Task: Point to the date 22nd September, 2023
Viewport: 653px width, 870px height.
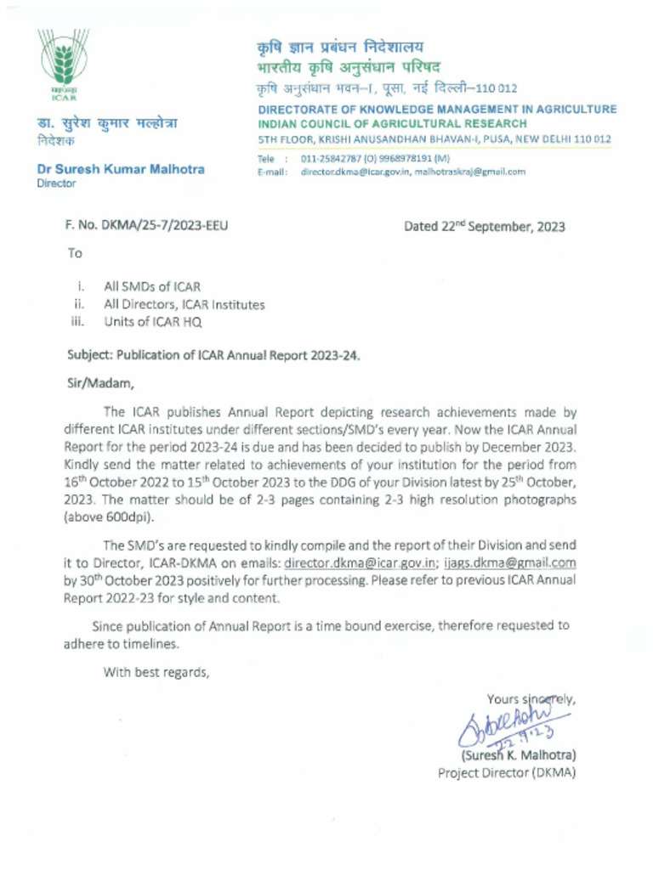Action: point(484,227)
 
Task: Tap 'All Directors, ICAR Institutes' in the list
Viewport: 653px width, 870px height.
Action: point(184,304)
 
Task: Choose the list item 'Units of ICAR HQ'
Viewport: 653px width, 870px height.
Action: point(153,322)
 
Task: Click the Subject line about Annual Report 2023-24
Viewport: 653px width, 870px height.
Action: point(213,356)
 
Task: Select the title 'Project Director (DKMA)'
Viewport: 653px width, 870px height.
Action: point(507,773)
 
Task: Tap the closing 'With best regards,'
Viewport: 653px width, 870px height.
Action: point(156,673)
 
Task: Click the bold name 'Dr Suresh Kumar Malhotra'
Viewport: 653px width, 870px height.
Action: point(120,169)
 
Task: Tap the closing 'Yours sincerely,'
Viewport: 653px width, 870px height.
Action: point(531,699)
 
